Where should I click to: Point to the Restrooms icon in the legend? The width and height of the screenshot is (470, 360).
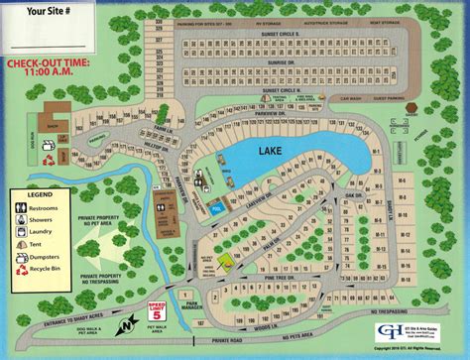pos(22,207)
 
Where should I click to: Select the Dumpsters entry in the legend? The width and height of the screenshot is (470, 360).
pos(46,255)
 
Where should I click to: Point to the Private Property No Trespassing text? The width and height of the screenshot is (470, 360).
pos(103,278)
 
